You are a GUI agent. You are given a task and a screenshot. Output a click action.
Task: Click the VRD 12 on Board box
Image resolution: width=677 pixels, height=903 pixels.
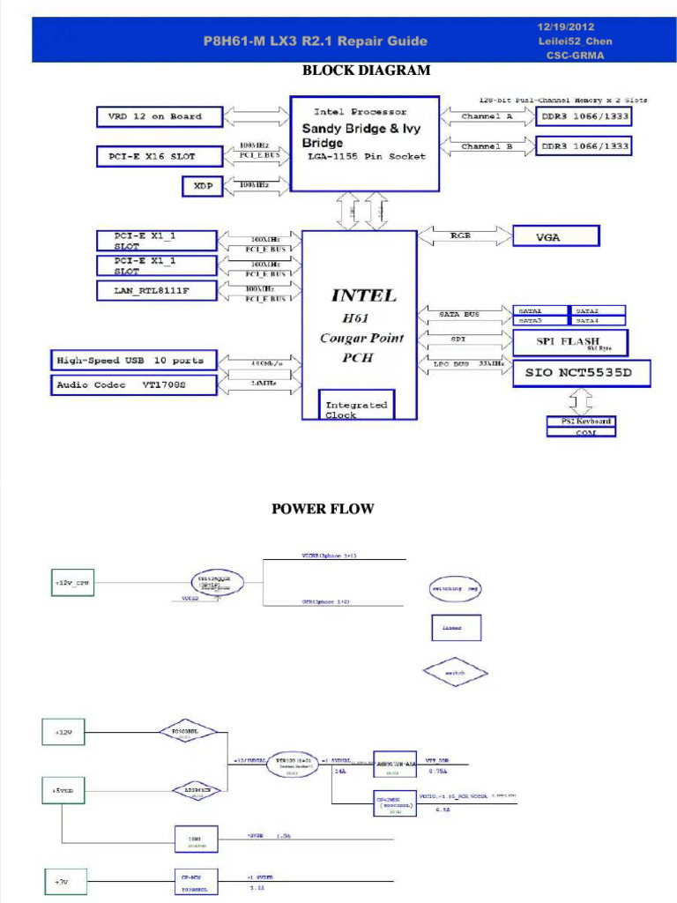click(x=160, y=116)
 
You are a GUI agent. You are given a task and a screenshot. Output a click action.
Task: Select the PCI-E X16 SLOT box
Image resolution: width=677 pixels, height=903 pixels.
click(x=160, y=157)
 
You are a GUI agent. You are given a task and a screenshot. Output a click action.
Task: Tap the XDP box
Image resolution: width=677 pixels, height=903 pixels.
click(x=203, y=186)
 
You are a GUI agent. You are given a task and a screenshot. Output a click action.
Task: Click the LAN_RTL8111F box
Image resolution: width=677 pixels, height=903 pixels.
click(x=156, y=290)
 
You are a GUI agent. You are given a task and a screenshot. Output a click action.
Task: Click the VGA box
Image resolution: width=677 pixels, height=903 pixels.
click(x=555, y=236)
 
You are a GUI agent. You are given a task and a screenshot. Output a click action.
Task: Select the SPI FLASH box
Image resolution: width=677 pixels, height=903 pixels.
click(x=570, y=342)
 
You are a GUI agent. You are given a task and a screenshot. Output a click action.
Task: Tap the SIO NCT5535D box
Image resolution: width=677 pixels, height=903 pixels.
click(x=582, y=372)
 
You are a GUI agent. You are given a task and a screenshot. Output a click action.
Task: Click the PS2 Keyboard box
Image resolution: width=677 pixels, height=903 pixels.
click(x=580, y=422)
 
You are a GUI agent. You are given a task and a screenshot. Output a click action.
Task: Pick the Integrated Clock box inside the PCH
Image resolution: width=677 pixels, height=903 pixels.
click(x=356, y=407)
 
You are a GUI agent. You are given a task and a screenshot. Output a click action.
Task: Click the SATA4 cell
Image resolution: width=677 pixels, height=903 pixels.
click(x=599, y=321)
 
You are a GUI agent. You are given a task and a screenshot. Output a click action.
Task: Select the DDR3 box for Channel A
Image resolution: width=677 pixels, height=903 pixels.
click(x=584, y=116)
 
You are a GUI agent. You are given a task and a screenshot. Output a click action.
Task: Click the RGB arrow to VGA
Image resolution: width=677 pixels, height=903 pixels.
click(x=464, y=235)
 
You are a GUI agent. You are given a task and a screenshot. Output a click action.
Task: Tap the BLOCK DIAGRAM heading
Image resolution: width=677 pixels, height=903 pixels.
click(x=366, y=71)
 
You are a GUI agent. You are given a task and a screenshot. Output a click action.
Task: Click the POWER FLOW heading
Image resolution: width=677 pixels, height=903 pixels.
click(x=323, y=509)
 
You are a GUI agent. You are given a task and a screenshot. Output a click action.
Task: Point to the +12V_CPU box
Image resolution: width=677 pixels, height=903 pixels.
click(x=72, y=583)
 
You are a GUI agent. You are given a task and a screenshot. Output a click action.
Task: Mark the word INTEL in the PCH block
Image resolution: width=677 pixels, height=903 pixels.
click(x=363, y=295)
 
